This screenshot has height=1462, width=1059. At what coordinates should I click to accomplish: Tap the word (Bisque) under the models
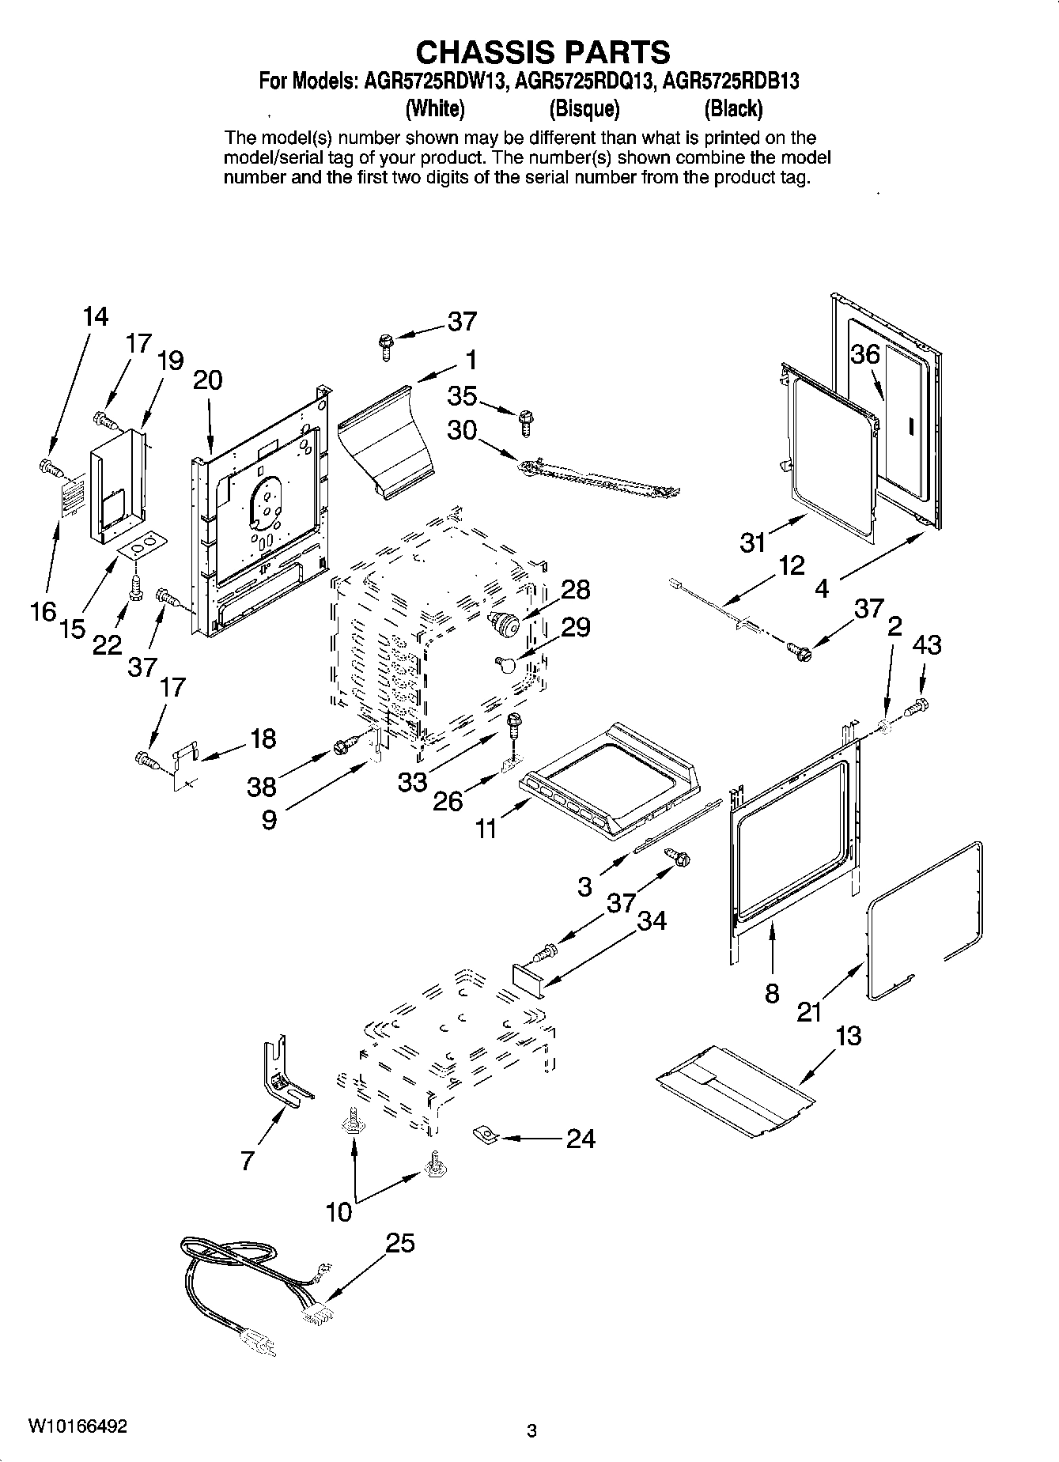point(584,108)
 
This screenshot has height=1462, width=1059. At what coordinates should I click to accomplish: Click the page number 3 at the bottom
point(531,1430)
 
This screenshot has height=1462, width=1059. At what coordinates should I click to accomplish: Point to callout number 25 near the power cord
point(400,1243)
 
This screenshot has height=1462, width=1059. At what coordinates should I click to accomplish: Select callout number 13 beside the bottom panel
point(848,1036)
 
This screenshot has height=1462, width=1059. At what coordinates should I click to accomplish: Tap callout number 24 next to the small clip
point(580,1139)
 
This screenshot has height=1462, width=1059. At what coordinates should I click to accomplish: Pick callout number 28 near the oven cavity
point(576,589)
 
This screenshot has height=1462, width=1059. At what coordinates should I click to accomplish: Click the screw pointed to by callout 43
point(918,705)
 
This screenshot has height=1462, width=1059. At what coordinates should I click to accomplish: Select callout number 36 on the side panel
point(865,354)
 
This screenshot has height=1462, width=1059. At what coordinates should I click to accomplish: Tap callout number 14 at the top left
point(95,317)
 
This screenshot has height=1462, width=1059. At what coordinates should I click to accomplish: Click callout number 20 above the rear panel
point(207,380)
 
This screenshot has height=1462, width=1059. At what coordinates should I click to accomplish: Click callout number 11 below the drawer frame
point(486,829)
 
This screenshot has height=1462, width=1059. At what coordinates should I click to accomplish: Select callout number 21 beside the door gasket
point(809,1011)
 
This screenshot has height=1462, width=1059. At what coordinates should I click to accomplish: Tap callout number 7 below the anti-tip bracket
point(248,1161)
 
